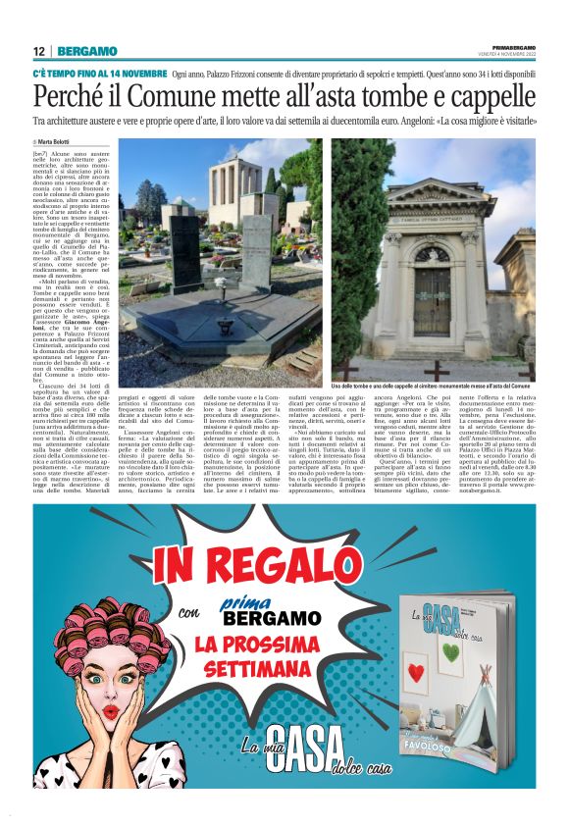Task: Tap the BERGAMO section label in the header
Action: (x=87, y=51)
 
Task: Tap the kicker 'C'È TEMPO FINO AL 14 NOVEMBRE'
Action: (x=97, y=75)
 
